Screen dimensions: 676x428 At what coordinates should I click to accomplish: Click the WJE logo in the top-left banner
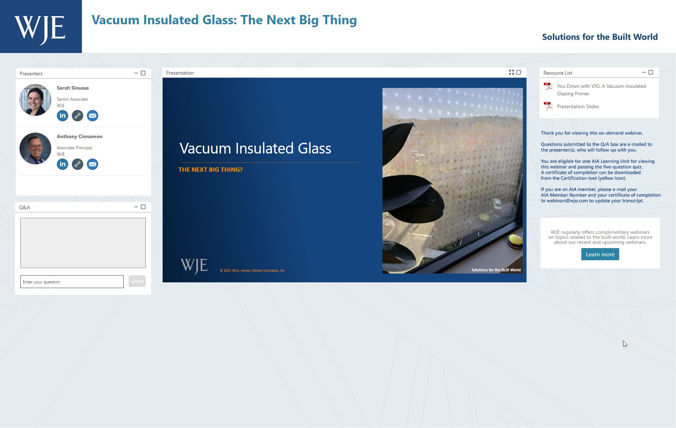point(40,29)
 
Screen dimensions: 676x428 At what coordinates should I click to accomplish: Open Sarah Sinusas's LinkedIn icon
point(63,116)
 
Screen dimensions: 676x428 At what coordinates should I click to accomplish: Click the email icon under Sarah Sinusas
point(93,116)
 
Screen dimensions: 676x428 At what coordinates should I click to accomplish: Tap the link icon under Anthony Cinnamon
point(78,164)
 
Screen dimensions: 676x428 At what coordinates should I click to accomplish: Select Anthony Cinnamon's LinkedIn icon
point(63,164)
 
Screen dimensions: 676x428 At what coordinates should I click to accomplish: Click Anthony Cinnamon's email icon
point(93,164)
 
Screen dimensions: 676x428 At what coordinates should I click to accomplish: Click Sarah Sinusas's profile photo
point(35,100)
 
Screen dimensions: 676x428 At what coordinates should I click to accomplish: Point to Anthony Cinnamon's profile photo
point(35,148)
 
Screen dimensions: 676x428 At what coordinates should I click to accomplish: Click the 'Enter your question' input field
point(72,282)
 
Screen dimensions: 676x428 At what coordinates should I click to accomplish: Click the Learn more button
point(600,254)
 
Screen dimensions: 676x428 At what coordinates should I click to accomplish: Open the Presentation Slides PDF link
point(578,106)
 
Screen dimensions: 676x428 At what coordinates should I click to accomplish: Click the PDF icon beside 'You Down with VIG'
point(548,86)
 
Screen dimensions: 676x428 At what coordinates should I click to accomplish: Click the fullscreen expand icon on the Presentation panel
point(511,72)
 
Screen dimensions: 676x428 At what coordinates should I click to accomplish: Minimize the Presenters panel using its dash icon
point(136,73)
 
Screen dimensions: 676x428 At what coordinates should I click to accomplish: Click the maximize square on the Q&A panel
point(143,207)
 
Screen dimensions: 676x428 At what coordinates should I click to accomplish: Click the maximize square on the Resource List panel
point(651,72)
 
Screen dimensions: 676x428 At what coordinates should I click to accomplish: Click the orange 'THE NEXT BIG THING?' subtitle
point(210,170)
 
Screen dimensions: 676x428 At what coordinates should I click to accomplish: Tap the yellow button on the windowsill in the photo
point(515,240)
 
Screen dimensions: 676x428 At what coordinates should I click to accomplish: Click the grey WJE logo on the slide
point(194,266)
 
